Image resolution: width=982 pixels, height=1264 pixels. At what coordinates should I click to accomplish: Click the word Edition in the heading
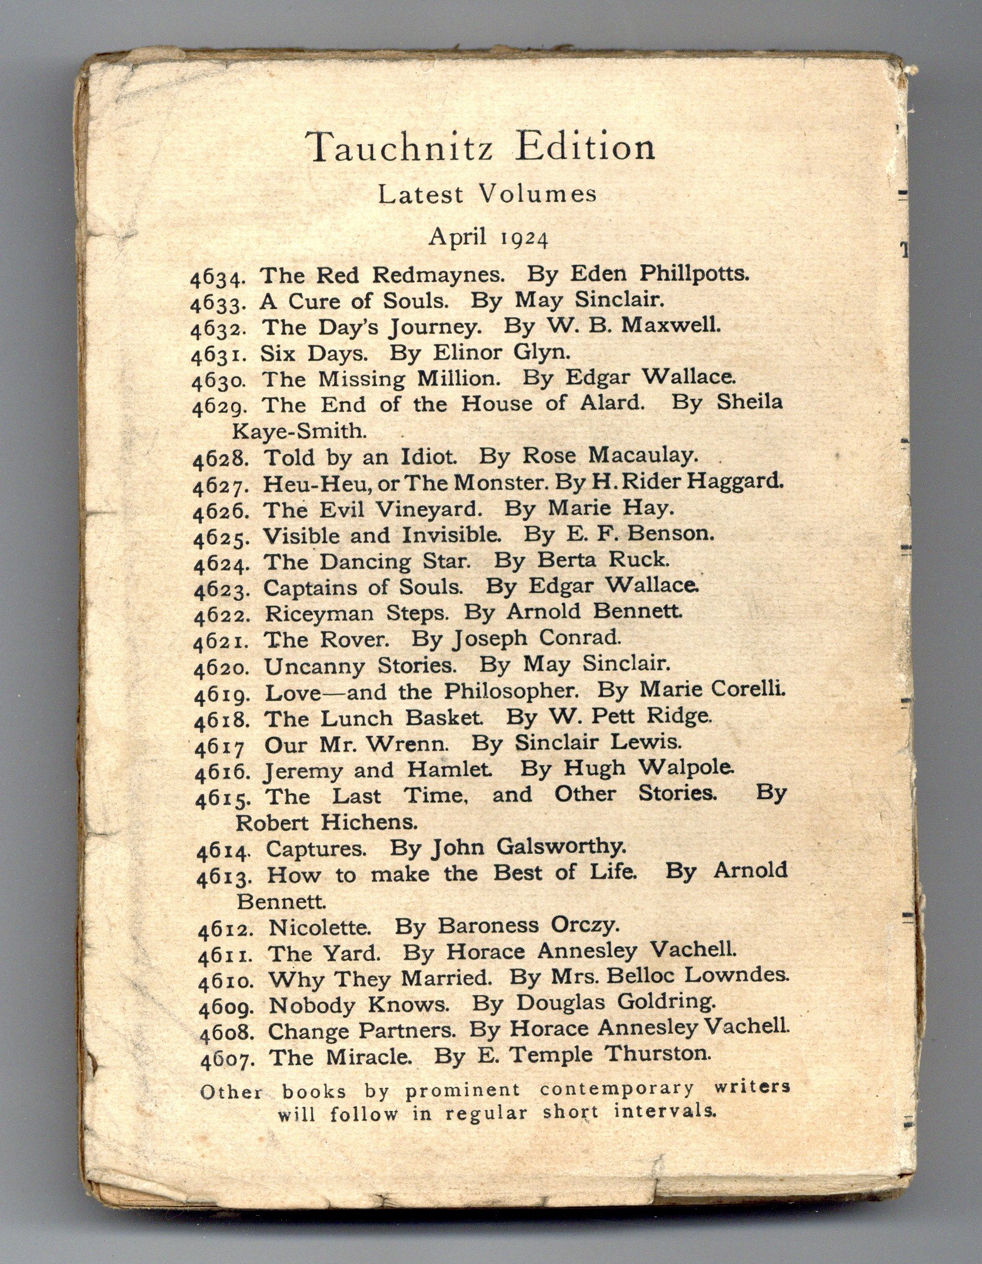pos(585,147)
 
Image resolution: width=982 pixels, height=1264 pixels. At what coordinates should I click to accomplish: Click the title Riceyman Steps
pos(357,613)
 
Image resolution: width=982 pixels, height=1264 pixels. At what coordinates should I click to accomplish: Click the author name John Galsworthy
pos(527,847)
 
